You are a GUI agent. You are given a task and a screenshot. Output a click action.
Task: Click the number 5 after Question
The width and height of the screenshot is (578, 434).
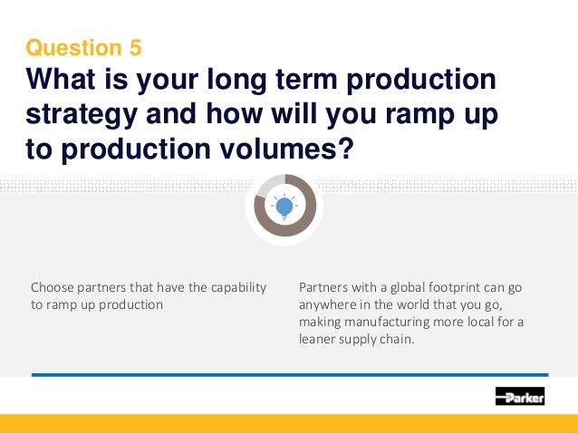click(x=134, y=46)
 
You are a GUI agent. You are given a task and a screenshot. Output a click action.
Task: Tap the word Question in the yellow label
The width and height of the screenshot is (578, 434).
click(x=75, y=46)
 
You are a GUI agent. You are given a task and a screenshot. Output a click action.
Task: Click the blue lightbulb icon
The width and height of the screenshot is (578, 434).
click(x=285, y=207)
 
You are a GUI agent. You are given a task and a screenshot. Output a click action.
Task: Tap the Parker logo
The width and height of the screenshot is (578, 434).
click(x=519, y=396)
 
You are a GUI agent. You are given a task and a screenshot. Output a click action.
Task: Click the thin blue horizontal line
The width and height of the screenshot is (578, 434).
click(x=289, y=374)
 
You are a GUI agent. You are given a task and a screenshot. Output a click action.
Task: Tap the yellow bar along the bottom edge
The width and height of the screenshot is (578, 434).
click(x=289, y=424)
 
